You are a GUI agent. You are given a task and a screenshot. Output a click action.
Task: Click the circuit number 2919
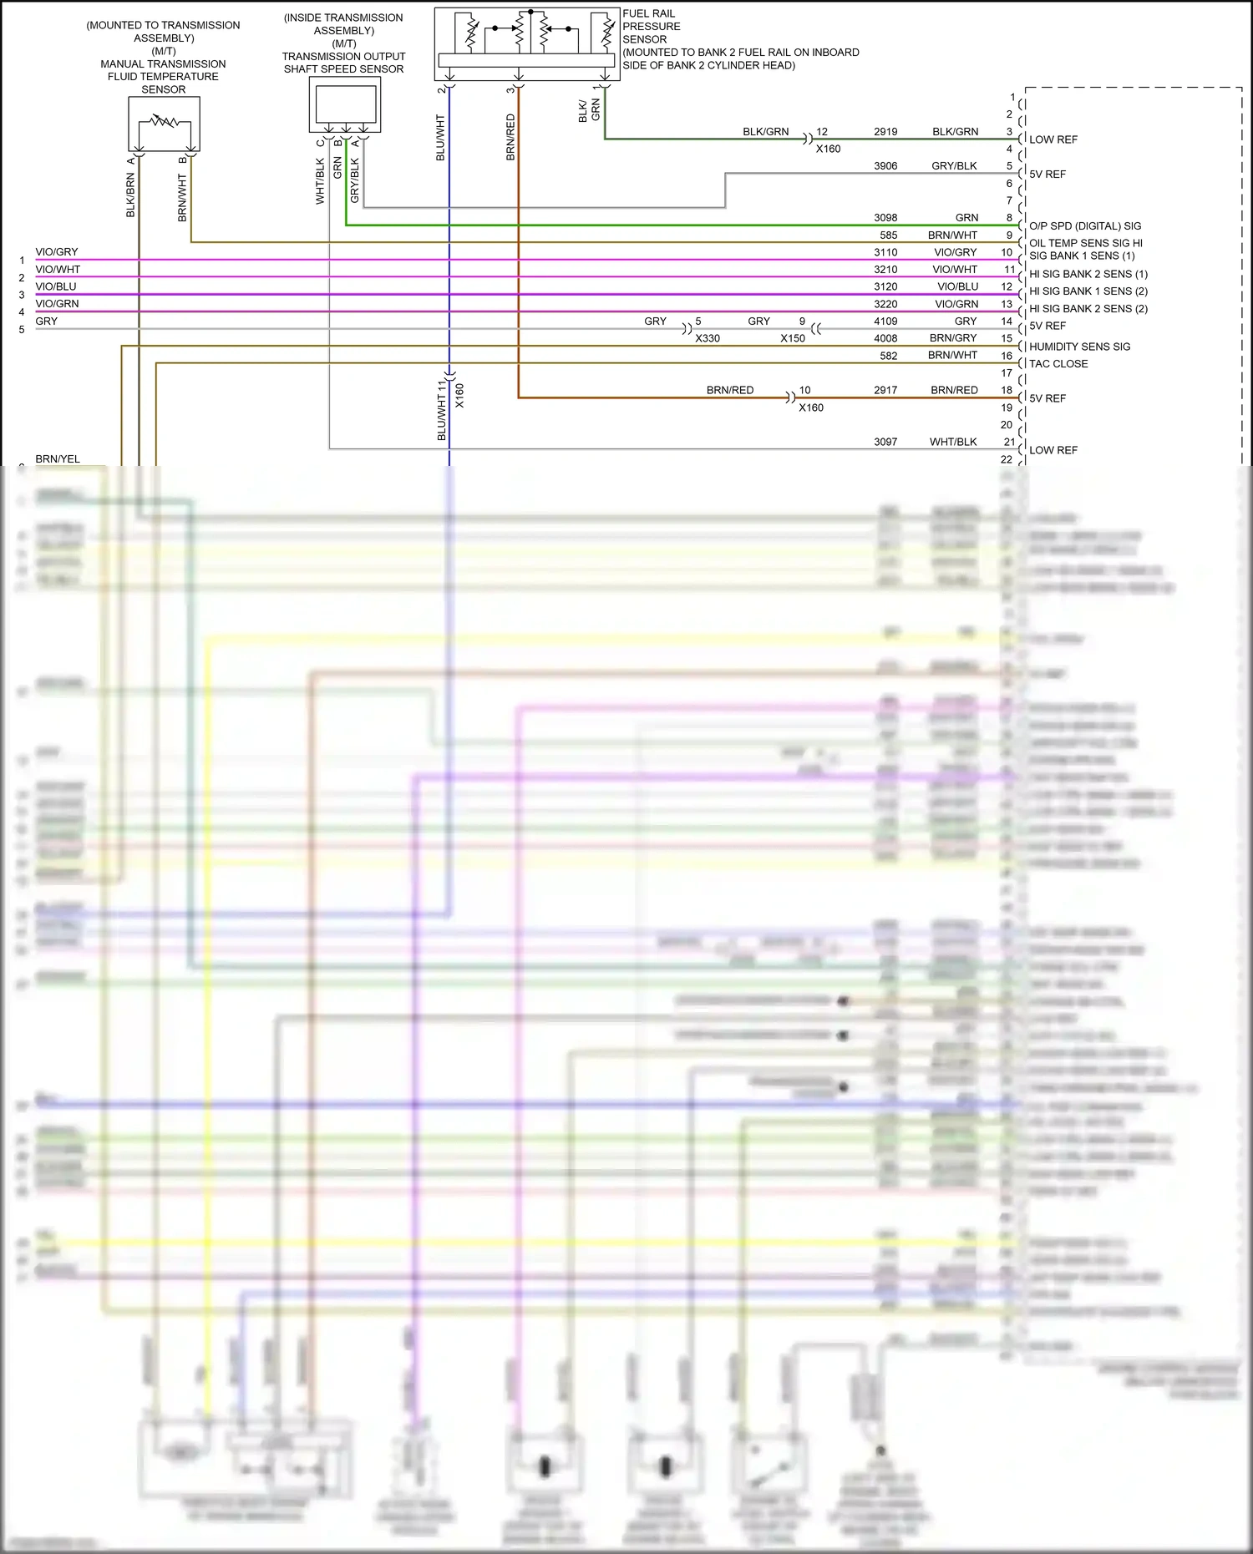885,132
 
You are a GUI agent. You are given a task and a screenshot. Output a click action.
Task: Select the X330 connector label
707,338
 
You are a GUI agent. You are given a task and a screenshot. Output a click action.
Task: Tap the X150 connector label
793,338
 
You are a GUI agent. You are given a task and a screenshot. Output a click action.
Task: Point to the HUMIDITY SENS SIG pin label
1079,347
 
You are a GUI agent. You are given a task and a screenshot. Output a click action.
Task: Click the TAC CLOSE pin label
1058,364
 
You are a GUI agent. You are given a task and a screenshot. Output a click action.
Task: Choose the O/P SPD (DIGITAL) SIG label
1085,226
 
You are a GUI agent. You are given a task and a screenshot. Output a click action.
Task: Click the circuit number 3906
885,166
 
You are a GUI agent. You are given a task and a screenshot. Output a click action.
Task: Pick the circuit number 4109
885,321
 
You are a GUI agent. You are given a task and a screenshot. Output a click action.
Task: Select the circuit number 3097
885,442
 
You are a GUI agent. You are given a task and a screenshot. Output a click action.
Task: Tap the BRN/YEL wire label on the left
58,459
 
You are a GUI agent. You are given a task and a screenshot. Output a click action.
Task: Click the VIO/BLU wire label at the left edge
56,286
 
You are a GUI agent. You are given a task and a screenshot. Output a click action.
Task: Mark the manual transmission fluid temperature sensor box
164,124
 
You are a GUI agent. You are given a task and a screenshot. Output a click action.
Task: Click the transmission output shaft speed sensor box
345,105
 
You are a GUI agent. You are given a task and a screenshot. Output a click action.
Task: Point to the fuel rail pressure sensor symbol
527,43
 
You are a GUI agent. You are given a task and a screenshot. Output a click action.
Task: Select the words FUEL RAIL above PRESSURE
648,13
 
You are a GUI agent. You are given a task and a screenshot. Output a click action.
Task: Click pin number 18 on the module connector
1007,390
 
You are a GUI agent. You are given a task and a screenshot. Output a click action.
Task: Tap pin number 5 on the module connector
1009,166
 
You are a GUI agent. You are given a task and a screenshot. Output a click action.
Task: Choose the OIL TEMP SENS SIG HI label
1086,243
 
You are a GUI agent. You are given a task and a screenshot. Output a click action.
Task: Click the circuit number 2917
885,390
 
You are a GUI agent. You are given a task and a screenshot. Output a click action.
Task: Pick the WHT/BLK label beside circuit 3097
953,442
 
